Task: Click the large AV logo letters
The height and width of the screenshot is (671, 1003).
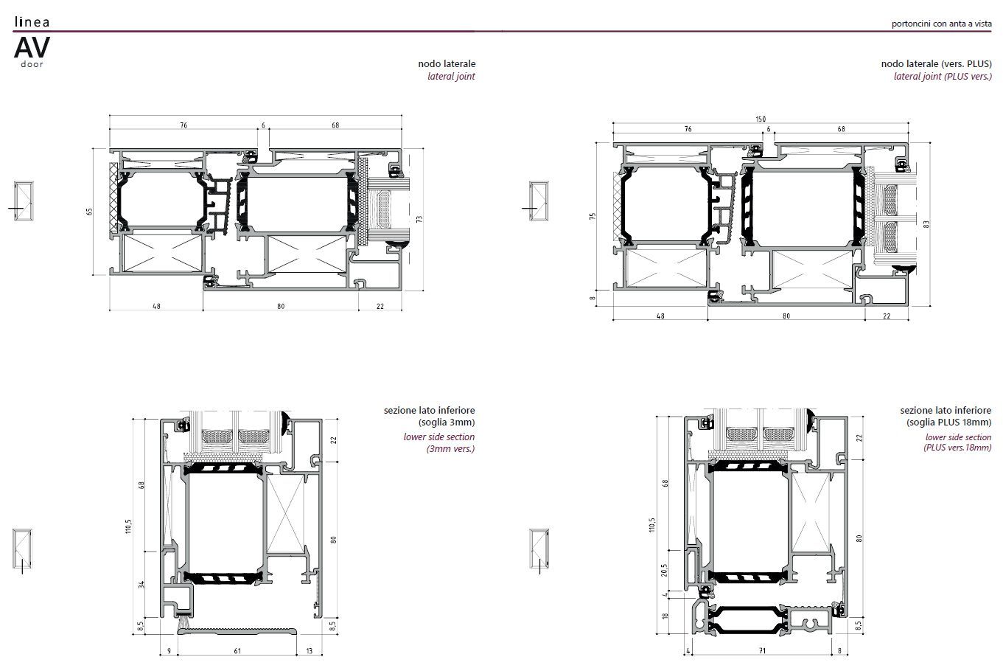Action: [x=32, y=47]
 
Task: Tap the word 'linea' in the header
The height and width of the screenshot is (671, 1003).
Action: [x=32, y=21]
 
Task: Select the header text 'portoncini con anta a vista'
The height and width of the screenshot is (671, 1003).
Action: [x=941, y=24]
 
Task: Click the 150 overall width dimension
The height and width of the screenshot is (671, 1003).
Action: [x=761, y=119]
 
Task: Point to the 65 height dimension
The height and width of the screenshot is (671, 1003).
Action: [x=90, y=211]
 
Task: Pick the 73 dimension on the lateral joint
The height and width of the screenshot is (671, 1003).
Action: [x=419, y=219]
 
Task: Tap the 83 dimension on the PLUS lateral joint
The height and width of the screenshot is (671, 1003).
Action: [x=926, y=224]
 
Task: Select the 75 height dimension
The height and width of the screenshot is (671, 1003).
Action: [x=593, y=216]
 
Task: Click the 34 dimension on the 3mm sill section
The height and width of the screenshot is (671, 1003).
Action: [x=141, y=584]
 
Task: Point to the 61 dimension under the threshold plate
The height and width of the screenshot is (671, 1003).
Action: [x=237, y=651]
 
